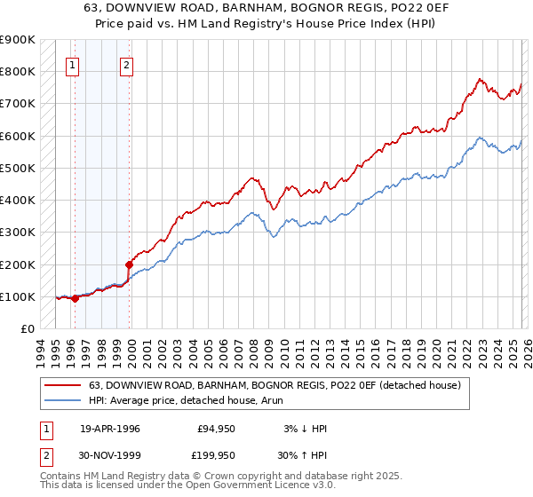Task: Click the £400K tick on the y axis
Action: click(x=18, y=200)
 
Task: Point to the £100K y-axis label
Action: click(x=18, y=296)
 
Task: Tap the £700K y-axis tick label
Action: click(x=18, y=104)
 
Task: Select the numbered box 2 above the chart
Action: click(x=127, y=64)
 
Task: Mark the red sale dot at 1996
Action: click(x=75, y=298)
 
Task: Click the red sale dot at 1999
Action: click(x=130, y=264)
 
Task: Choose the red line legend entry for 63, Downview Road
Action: click(x=274, y=386)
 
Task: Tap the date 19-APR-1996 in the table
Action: click(x=110, y=429)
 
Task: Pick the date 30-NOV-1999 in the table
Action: click(x=111, y=455)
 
